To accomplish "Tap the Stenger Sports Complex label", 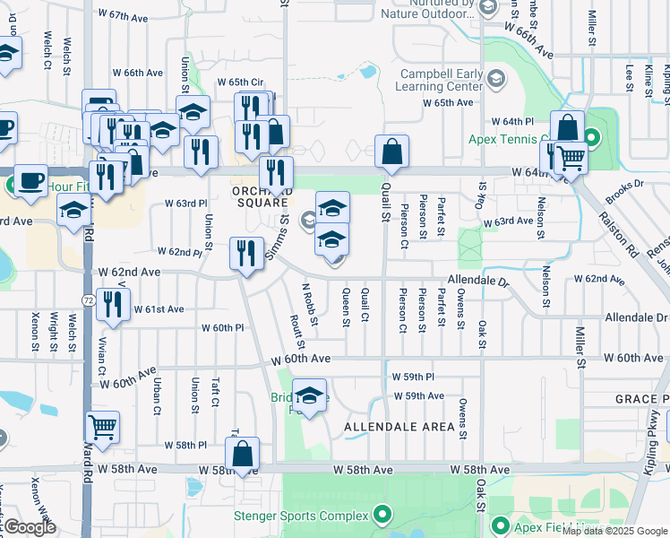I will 301,516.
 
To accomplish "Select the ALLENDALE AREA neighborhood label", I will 399,427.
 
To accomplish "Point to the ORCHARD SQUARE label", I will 262,196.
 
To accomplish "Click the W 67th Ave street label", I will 124,16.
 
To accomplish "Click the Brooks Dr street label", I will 623,190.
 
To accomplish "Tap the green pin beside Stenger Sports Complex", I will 383,514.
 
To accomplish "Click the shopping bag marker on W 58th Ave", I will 242,455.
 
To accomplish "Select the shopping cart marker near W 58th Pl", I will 103,428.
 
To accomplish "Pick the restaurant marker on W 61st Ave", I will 114,305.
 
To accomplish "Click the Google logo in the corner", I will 30,527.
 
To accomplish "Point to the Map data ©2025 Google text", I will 614,531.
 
